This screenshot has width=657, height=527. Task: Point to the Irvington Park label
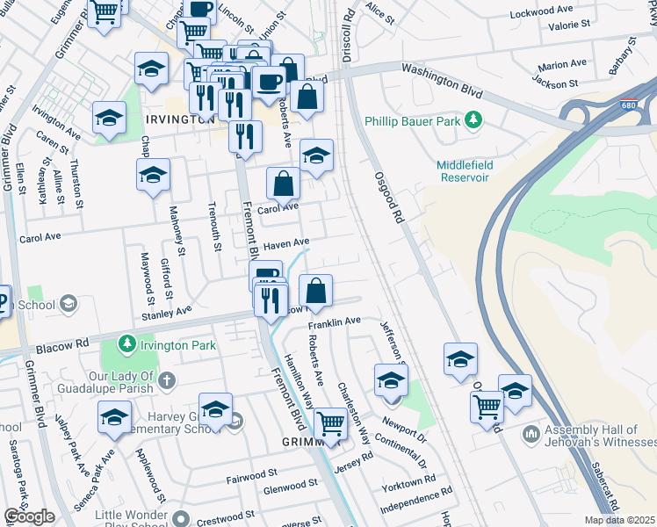[x=178, y=346]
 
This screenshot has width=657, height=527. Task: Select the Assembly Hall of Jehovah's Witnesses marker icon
[x=530, y=434]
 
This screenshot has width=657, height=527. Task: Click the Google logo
[x=29, y=516]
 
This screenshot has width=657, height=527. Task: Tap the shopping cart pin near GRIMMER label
[x=330, y=423]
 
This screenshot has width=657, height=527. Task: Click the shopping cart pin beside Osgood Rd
[x=487, y=406]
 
